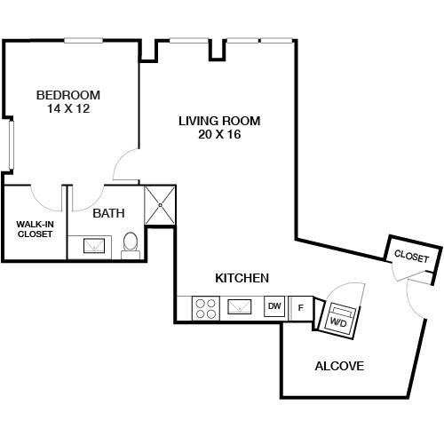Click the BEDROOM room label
68,95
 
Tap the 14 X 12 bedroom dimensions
68,108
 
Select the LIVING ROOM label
219,121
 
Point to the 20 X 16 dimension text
219,134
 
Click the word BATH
108,213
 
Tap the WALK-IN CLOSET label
35,229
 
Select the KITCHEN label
242,278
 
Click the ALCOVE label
339,366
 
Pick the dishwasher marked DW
274,306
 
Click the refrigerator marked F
300,308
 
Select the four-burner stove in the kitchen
206,308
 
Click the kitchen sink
239,307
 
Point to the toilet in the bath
131,245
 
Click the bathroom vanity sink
94,246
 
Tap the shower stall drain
160,205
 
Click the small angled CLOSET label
411,257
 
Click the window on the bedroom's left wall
12,145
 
